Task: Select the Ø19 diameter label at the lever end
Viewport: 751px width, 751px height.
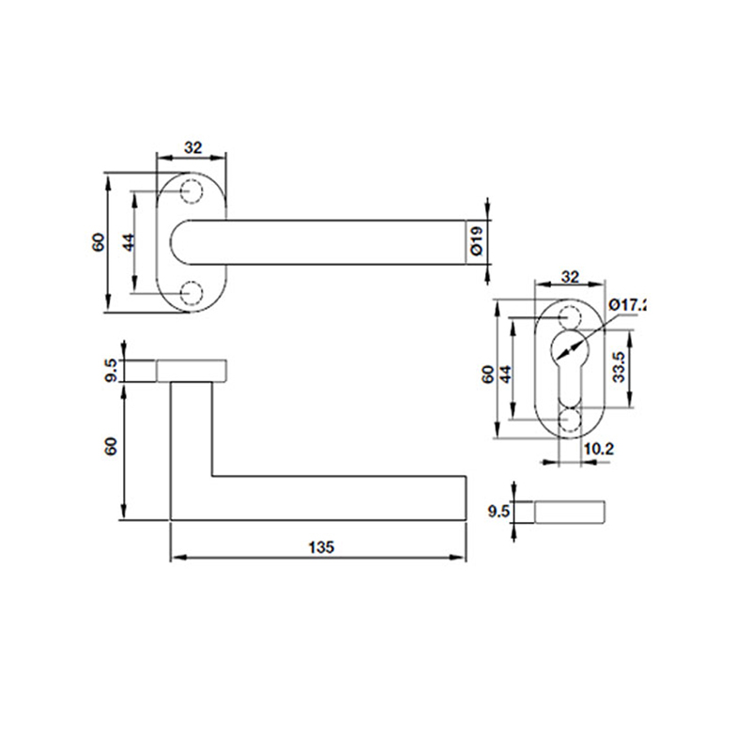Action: (x=476, y=241)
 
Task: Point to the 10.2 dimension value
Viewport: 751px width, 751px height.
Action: (x=598, y=450)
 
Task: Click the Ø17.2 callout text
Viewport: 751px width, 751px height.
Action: (x=628, y=305)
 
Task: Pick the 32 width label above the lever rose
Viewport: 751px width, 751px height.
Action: (x=192, y=147)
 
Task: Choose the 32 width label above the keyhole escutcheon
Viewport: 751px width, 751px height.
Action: (x=569, y=277)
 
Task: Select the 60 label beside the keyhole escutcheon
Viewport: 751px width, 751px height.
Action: (x=488, y=372)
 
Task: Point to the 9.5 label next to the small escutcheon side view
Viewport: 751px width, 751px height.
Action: (x=499, y=512)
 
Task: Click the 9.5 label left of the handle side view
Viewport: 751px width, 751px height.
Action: (x=112, y=370)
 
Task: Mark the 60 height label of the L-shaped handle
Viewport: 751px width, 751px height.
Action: (x=112, y=447)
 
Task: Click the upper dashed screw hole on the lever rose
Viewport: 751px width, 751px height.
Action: (x=192, y=191)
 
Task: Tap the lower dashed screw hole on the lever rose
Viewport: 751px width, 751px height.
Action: (x=192, y=293)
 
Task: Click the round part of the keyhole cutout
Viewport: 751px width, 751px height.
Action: (x=569, y=348)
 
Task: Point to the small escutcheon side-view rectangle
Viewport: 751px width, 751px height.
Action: (x=570, y=512)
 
